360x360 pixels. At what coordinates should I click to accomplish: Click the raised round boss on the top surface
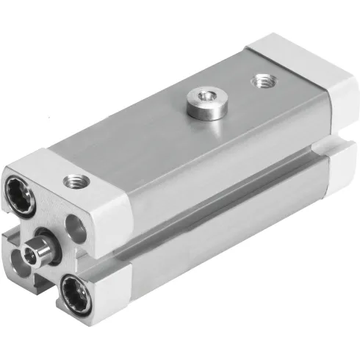(199, 101)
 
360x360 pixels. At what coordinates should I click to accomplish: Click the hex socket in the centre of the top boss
(199, 94)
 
